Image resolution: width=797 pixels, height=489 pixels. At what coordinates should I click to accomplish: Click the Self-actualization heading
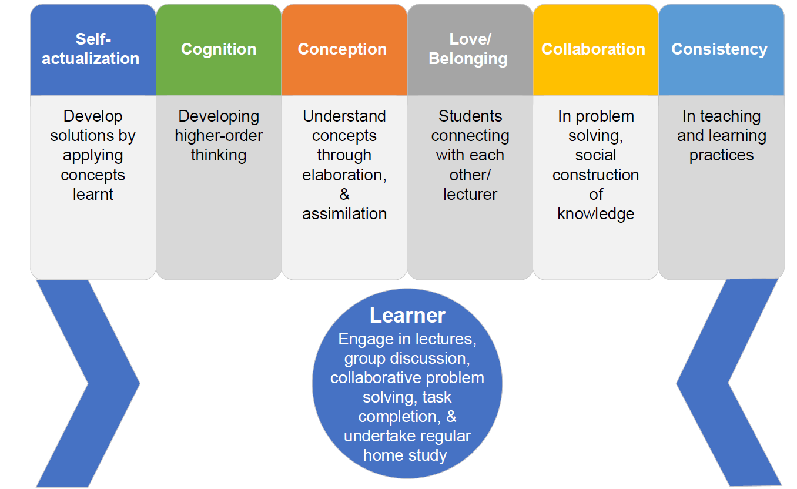coord(91,49)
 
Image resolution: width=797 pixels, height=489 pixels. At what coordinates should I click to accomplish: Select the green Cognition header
coord(219,49)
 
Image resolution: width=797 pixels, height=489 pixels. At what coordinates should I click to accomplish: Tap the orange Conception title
coord(342,49)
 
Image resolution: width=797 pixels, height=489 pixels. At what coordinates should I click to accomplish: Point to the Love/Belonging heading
coord(468,49)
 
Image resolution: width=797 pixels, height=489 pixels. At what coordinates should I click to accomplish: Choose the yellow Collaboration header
coord(593,49)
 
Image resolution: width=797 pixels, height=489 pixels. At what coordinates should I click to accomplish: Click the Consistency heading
coord(719,49)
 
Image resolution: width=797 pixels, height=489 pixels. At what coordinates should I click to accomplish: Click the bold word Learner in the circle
coord(407,316)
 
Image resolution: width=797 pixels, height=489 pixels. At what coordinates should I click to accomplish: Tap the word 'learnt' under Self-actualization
coord(93,195)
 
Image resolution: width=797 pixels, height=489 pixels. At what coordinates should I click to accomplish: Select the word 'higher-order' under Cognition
coord(219,136)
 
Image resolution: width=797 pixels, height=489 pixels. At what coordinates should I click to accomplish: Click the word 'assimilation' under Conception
coord(344,214)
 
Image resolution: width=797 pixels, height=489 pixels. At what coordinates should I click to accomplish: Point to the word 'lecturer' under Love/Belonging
coord(470,195)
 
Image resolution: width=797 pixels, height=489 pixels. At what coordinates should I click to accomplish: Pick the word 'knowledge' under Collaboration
coord(595,214)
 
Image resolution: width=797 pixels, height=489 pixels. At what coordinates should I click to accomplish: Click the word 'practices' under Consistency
coord(721,156)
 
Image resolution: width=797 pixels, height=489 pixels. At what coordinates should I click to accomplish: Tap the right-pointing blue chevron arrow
coord(88,384)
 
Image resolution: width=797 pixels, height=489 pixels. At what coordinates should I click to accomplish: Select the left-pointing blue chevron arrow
coord(729,383)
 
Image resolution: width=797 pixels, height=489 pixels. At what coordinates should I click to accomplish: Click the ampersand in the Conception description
coord(344,195)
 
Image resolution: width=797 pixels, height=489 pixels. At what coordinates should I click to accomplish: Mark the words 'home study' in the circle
coord(405,455)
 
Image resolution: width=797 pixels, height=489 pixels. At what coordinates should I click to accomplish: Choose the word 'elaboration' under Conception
coord(342,175)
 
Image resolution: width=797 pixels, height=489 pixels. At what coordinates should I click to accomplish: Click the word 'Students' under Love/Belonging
coord(470,116)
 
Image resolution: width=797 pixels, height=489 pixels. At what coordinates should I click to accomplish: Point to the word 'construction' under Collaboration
coord(595,175)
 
